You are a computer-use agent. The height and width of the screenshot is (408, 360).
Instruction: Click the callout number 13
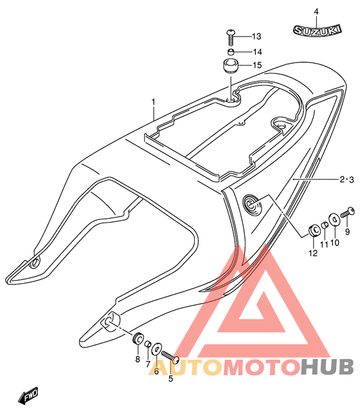click(x=256, y=36)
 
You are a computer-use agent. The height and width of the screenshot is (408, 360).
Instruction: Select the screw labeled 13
click(x=230, y=37)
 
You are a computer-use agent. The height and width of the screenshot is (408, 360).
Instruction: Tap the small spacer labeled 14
click(x=231, y=51)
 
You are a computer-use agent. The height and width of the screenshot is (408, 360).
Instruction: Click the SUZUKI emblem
click(x=317, y=30)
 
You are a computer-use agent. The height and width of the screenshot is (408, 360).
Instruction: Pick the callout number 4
click(x=316, y=12)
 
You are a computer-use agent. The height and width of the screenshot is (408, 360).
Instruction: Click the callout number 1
click(x=154, y=102)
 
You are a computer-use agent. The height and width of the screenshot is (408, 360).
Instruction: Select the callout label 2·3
click(x=346, y=180)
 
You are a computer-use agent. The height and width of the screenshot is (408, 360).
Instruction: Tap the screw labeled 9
click(x=348, y=212)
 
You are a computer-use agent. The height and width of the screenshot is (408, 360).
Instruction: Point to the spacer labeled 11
click(x=325, y=225)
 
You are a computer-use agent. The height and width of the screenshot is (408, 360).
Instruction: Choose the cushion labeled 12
click(x=314, y=230)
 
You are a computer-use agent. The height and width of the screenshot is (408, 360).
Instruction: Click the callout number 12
click(x=313, y=253)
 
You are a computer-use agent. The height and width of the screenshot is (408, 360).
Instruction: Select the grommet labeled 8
click(x=138, y=338)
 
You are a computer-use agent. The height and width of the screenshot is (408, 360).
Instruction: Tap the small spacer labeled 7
click(x=148, y=344)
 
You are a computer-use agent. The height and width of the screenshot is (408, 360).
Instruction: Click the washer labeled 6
click(x=157, y=349)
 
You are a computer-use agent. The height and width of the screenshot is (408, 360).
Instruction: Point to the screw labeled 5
click(x=170, y=357)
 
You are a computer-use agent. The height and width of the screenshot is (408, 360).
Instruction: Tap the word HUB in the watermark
click(x=327, y=366)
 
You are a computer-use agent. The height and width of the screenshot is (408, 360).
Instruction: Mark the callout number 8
click(x=138, y=359)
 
